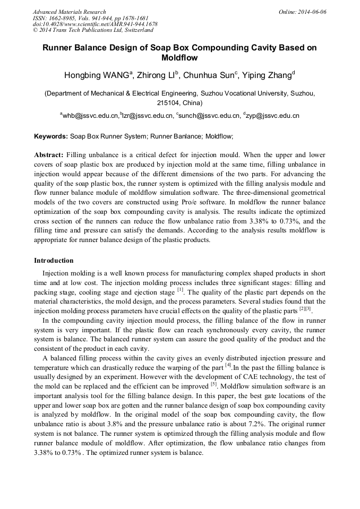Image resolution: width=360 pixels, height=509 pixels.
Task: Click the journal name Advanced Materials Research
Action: point(69,12)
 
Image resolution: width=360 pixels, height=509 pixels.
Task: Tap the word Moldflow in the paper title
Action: point(179,57)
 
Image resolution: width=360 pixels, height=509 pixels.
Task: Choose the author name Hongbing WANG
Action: point(96,75)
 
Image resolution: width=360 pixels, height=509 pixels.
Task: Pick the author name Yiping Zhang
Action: point(267,75)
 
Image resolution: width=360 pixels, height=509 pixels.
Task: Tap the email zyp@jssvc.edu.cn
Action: point(272,115)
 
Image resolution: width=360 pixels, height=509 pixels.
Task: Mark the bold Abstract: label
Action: point(49,155)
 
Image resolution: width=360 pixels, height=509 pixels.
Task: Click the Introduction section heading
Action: point(54,261)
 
